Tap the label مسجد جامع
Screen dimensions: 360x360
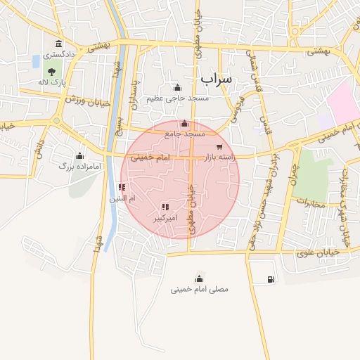185,134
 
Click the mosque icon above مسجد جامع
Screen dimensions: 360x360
184,124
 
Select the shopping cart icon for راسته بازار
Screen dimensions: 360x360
219,147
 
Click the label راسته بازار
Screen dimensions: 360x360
218,158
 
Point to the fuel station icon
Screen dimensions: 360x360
271,280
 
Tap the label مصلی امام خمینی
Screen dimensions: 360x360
199,289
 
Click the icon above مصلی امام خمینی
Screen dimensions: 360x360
199,278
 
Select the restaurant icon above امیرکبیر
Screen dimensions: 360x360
165,207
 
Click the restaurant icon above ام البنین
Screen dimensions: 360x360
122,187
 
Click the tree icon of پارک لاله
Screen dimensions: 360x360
51,71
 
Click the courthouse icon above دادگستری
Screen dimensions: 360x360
58,44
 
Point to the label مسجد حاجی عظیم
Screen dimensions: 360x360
177,98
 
